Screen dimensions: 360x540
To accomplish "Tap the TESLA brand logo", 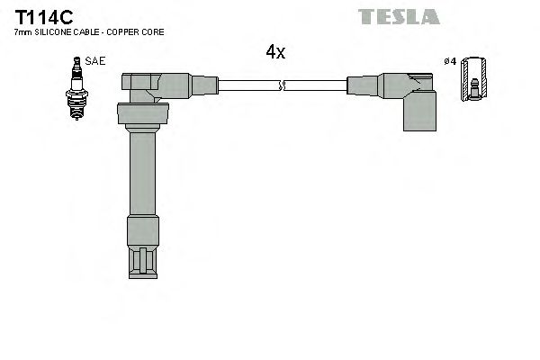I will (398, 16).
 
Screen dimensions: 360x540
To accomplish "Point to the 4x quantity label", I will (274, 52).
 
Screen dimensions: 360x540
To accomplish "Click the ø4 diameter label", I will (451, 61).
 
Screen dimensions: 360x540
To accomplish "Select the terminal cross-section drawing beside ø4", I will (474, 83).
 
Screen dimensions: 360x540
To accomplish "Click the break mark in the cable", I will (283, 85).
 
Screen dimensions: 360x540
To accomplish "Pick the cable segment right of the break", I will (315, 85).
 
